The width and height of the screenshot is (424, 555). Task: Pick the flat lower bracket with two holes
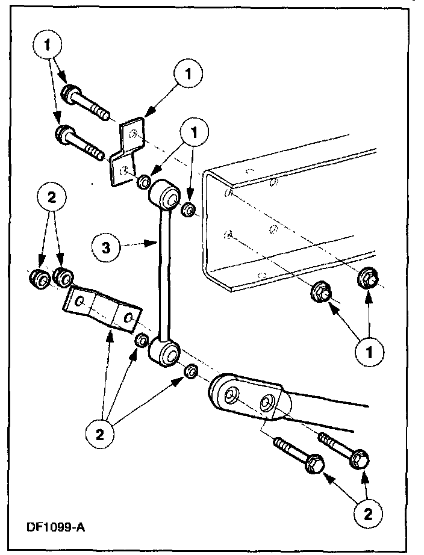pos(102,308)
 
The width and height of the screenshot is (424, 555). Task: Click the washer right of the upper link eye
pos(188,210)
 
